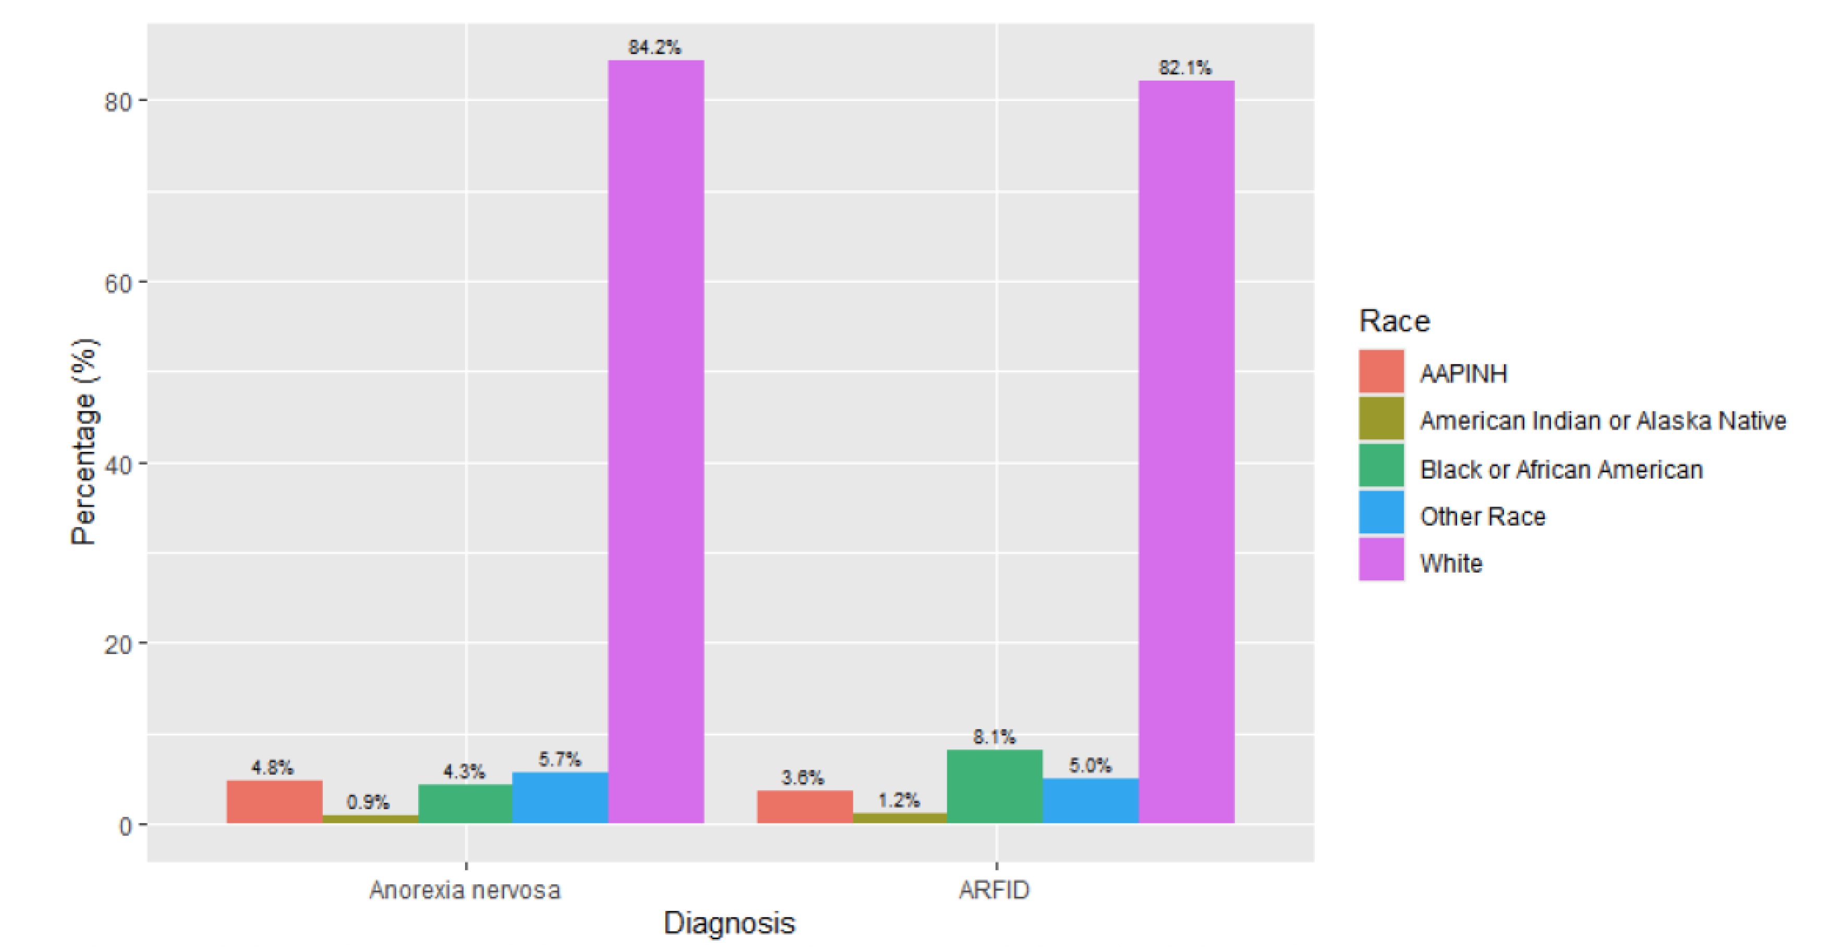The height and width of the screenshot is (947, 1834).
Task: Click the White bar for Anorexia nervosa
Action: coord(656,442)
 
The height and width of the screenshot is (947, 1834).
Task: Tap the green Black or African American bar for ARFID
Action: coord(995,787)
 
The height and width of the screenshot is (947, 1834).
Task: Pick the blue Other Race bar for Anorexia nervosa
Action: coord(560,797)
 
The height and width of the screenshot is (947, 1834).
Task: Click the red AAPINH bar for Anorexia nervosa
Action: coord(274,802)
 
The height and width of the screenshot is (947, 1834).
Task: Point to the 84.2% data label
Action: coord(654,47)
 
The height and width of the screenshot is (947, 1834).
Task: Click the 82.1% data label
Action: coord(1184,68)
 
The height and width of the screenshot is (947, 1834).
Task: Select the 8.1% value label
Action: coord(995,737)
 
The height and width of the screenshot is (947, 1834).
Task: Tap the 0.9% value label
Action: coord(368,803)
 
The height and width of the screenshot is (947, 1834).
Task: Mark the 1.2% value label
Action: coord(898,800)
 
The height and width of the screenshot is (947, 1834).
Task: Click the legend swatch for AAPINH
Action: coord(1380,372)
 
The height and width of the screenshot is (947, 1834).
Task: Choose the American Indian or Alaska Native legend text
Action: coord(1603,421)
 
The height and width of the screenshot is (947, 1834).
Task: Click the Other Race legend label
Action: coord(1482,516)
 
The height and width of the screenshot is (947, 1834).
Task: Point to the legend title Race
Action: coord(1394,321)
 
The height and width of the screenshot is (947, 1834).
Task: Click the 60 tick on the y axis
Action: coord(118,283)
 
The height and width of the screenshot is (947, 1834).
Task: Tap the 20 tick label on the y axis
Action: coord(118,645)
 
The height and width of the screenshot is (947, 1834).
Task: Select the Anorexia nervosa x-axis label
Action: coord(465,890)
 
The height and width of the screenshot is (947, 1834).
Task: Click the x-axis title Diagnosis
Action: coord(729,923)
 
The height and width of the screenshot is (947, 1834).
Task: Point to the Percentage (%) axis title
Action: coord(84,442)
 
